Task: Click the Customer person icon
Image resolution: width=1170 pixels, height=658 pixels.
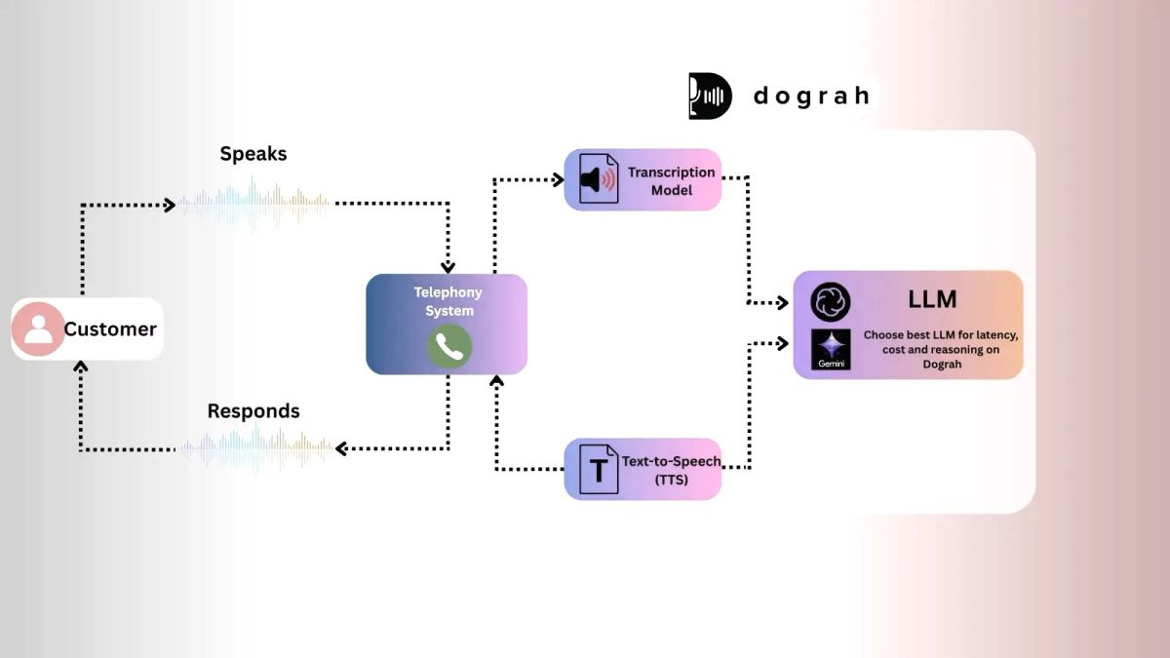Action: [38, 329]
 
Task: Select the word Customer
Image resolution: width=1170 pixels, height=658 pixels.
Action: [110, 329]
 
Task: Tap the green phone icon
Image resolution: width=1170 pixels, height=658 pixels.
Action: [448, 346]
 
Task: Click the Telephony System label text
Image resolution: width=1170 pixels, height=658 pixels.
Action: [448, 301]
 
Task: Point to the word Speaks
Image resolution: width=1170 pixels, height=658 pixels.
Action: [253, 154]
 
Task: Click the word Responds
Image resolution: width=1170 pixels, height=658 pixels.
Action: [253, 411]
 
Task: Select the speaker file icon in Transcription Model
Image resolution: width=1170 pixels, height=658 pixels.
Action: [598, 179]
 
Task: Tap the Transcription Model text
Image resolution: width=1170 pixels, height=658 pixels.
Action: [671, 180]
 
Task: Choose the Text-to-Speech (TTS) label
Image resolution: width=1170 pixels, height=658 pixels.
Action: [671, 469]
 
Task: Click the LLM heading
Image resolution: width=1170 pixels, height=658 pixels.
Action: [932, 299]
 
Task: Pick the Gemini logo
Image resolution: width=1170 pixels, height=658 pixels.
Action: [831, 349]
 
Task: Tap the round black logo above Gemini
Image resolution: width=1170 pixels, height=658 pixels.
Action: [831, 302]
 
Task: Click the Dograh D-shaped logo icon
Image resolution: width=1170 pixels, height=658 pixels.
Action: [710, 96]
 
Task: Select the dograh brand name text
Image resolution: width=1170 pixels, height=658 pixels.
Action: [811, 96]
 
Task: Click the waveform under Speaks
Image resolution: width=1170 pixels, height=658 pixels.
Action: [253, 203]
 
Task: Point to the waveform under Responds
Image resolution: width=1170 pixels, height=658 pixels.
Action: [253, 448]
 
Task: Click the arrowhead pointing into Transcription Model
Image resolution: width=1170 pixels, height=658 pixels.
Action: [559, 179]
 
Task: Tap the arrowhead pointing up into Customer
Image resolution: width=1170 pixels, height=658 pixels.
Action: [82, 368]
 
